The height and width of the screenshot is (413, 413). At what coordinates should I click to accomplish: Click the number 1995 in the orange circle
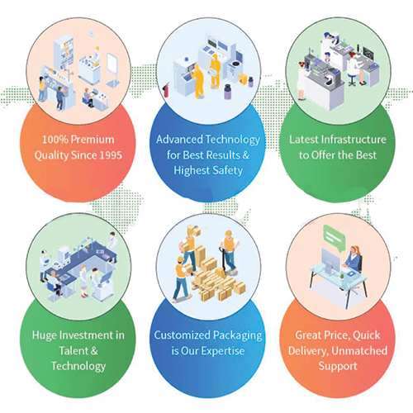point(110,155)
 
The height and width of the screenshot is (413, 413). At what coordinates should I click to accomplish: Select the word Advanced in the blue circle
point(179,140)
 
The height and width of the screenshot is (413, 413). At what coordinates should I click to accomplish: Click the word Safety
point(228,171)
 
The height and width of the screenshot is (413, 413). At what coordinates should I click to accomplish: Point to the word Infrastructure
point(354,140)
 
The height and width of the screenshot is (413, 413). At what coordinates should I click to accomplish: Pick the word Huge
point(45,336)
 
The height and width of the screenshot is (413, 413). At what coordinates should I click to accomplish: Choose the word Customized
point(183,335)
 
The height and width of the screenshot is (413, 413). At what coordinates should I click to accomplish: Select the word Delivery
point(308,351)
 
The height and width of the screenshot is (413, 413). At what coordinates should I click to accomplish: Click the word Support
point(338,367)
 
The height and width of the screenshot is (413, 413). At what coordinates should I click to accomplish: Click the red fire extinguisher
point(166,90)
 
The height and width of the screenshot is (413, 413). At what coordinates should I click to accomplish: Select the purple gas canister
point(228,92)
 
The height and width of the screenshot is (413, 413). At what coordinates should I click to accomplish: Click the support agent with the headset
point(354,259)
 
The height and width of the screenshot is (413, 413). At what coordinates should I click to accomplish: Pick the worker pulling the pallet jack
point(230,250)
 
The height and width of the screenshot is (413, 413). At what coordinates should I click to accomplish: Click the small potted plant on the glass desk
point(342,276)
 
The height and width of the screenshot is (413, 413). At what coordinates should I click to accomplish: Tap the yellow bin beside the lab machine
point(243,79)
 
